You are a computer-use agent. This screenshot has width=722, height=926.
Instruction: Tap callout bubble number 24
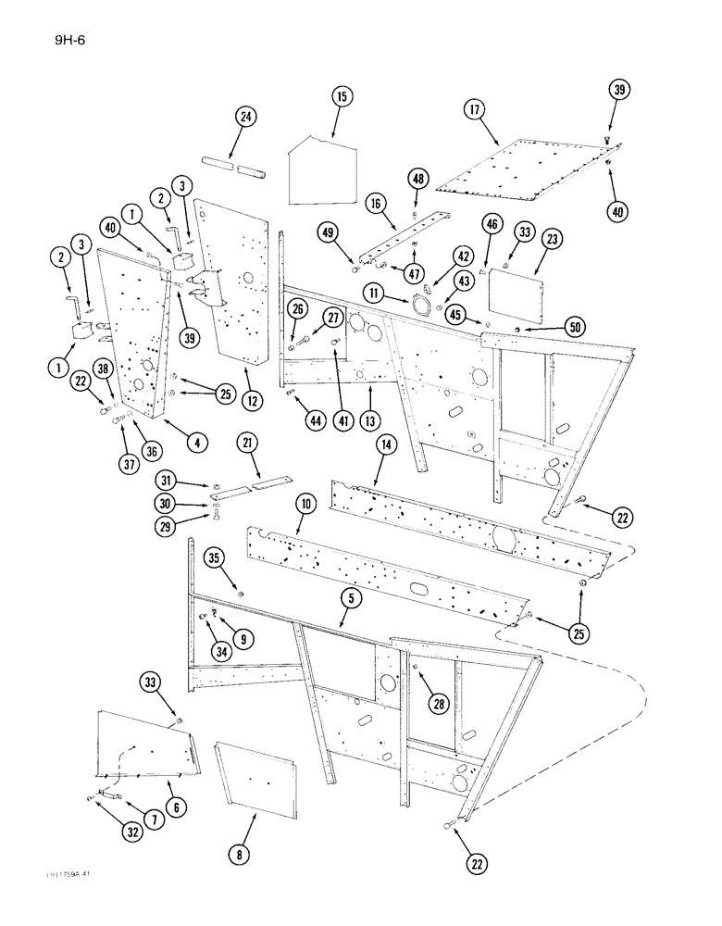point(245,118)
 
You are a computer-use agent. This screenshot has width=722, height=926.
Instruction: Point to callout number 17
point(475,110)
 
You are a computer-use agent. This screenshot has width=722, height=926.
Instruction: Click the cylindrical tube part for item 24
point(249,168)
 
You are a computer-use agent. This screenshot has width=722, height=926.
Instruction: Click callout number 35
point(240,558)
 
